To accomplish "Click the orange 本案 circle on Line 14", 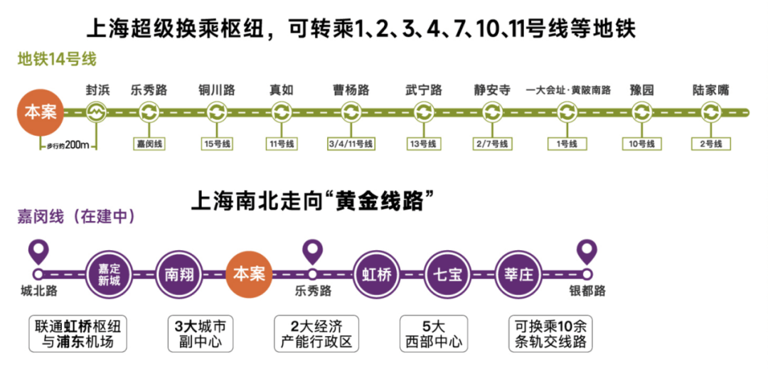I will [40, 112].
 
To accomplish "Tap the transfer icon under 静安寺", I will [492, 112].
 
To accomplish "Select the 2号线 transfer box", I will [711, 144].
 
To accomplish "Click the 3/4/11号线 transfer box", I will [351, 144].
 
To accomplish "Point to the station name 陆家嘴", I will [710, 90].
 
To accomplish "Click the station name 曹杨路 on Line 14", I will [351, 90].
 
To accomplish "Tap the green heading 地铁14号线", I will [57, 59].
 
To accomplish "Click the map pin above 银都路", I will [587, 250].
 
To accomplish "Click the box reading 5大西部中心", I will [433, 334].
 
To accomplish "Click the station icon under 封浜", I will [95, 112].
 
